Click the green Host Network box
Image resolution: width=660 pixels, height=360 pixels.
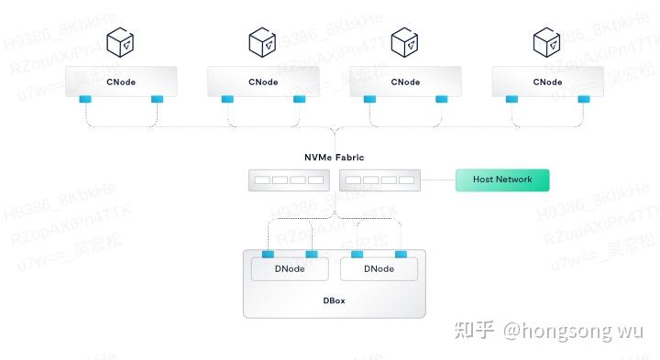tap(501, 180)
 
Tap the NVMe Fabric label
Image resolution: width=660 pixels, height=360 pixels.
tap(334, 158)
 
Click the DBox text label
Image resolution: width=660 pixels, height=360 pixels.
tap(334, 300)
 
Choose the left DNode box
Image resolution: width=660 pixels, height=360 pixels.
tap(290, 269)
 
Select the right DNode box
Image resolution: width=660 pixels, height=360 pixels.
tap(379, 269)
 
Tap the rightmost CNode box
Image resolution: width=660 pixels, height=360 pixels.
tap(547, 82)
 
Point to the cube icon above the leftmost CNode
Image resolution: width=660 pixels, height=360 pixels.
tap(120, 41)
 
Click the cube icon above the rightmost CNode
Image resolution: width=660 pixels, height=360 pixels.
tap(547, 41)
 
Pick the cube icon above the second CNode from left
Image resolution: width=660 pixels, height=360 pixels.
tap(262, 41)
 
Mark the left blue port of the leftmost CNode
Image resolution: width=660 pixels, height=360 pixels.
tap(85, 99)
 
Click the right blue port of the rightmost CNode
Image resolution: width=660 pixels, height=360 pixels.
tap(583, 99)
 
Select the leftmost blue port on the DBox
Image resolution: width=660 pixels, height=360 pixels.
tap(268, 254)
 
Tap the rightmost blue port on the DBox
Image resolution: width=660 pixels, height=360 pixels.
tap(401, 254)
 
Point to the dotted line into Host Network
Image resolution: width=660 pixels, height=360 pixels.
tap(439, 180)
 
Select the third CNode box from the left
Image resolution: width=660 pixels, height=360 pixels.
tap(405, 82)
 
